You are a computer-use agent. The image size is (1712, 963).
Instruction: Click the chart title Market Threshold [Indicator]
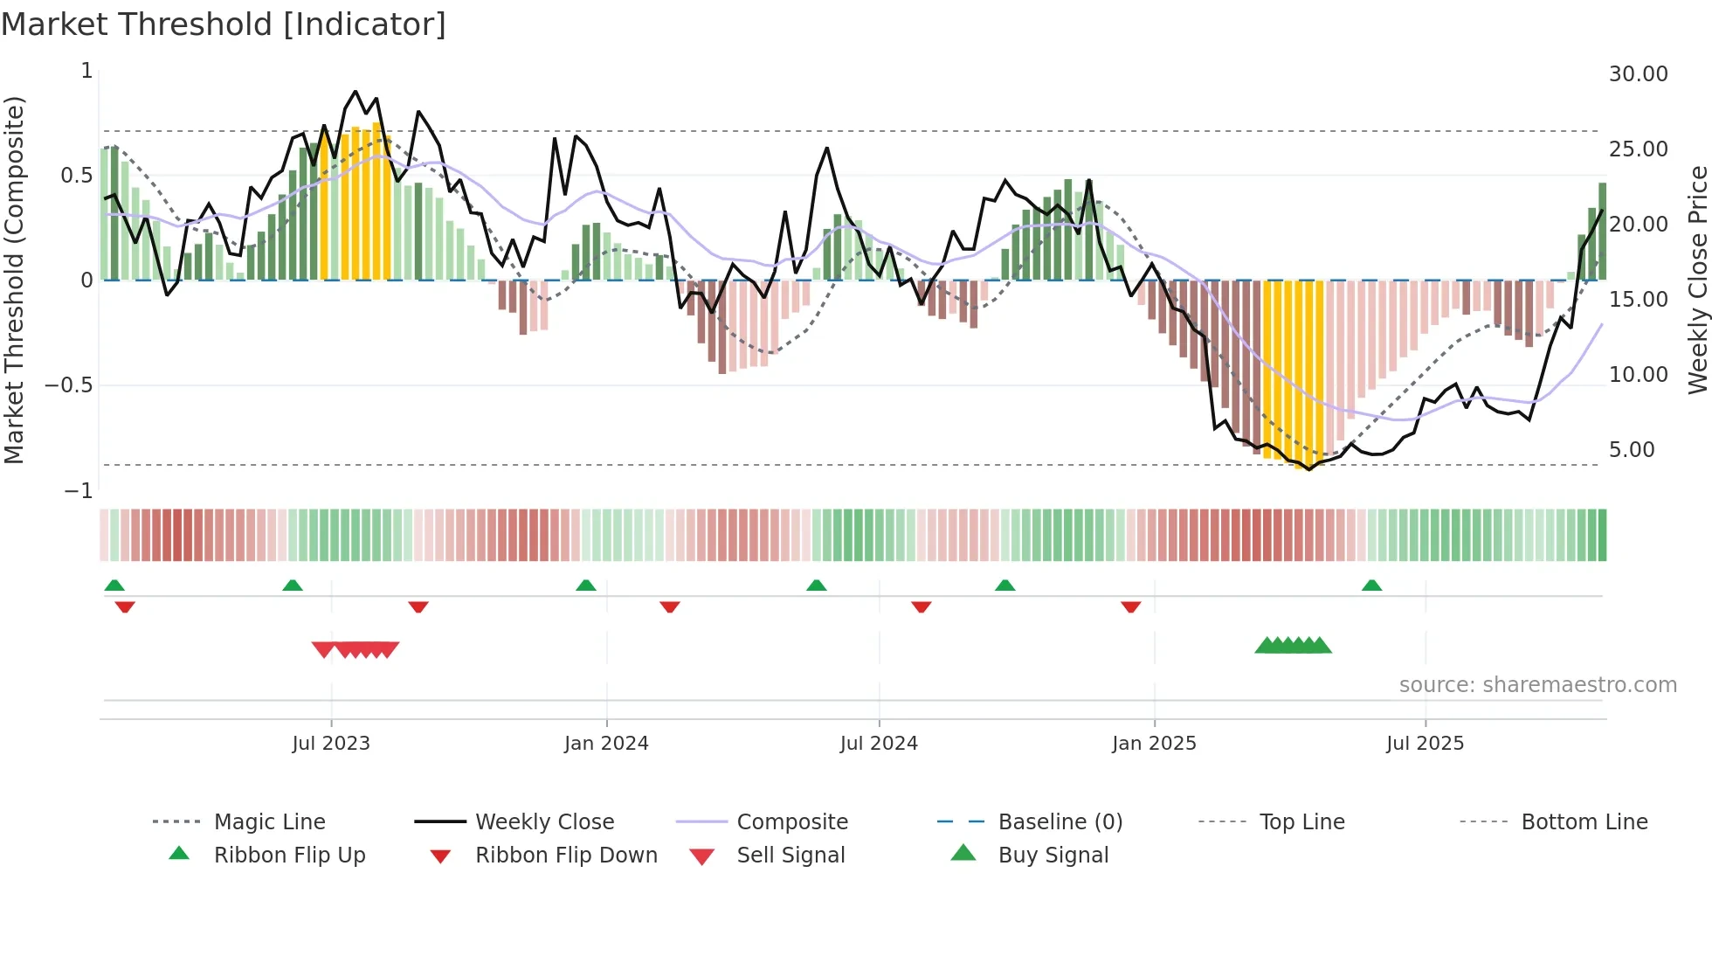coord(224,24)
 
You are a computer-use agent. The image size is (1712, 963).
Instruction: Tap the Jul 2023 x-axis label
coord(331,744)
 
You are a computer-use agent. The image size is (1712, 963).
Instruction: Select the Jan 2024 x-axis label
coord(606,744)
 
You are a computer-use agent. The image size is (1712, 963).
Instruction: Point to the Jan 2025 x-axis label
coord(1154,744)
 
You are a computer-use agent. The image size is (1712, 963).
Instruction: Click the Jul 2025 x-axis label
coord(1425,744)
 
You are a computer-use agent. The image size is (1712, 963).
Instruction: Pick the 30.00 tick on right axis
coord(1638,74)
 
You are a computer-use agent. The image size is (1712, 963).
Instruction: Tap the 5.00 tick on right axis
coord(1632,450)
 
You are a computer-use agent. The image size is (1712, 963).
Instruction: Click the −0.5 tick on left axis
coord(69,385)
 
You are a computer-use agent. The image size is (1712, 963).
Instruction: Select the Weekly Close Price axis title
coord(1697,280)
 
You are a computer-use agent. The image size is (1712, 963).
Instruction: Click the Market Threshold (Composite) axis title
coord(14,280)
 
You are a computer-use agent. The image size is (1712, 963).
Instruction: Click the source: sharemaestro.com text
coord(1537,685)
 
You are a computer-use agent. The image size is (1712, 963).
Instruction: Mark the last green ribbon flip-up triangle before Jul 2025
coord(1371,585)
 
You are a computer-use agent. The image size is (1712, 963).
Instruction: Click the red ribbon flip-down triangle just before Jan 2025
coord(1130,606)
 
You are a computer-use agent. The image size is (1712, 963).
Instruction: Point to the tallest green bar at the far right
coord(1602,232)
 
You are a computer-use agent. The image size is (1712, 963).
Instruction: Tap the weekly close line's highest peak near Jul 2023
coord(355,91)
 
